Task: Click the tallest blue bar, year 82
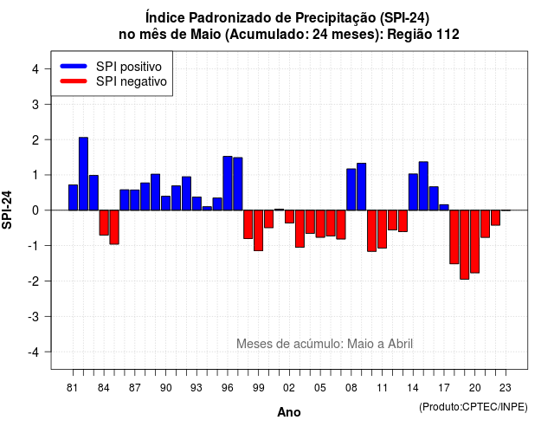pos(83,173)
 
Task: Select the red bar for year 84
pos(104,223)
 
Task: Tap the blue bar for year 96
pos(228,183)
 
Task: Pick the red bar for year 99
pos(258,230)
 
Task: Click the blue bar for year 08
pos(351,190)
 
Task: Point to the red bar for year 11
pos(383,229)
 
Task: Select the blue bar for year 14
pos(413,192)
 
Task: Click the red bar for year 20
pos(475,242)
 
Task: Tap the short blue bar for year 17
pos(444,208)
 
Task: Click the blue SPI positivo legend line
pos(74,66)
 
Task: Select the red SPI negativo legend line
pos(74,81)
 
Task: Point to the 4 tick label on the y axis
pos(35,69)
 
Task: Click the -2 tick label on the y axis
pos(34,281)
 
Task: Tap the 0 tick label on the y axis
pos(35,210)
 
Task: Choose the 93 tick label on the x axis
pos(196,388)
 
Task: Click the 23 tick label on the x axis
pos(506,388)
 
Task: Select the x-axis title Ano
pos(289,412)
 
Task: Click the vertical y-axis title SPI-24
pos(7,210)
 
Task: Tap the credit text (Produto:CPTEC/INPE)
pos(473,407)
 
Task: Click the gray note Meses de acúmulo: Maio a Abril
pos(325,344)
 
